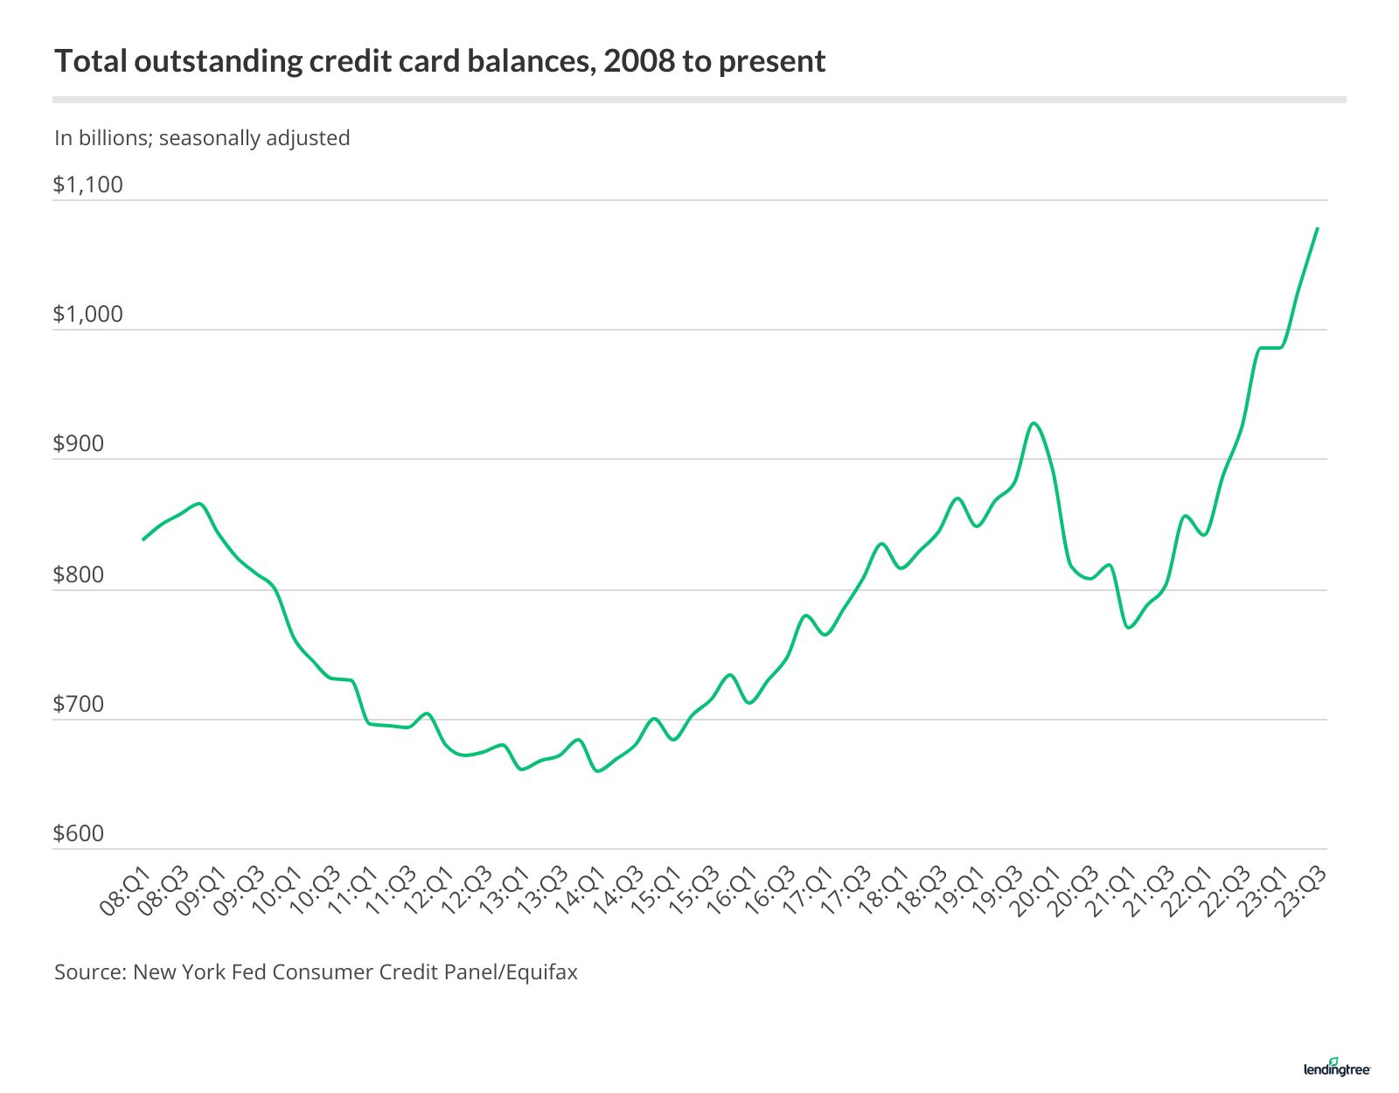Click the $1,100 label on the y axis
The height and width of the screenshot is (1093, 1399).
87,184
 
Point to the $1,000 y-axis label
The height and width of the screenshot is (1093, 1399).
87,314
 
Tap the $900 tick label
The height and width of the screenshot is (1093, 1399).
79,443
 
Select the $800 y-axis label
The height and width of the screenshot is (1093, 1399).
79,574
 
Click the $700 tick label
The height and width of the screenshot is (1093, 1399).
79,704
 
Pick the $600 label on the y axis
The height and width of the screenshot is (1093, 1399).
79,833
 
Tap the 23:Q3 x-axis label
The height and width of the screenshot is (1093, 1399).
1303,892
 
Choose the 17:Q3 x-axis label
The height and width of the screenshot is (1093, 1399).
846,892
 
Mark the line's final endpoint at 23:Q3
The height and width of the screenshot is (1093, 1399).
1317,228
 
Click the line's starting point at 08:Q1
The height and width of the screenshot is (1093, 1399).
143,540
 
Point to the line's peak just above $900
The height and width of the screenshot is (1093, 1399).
1034,423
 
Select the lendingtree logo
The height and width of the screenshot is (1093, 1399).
1337,1067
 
